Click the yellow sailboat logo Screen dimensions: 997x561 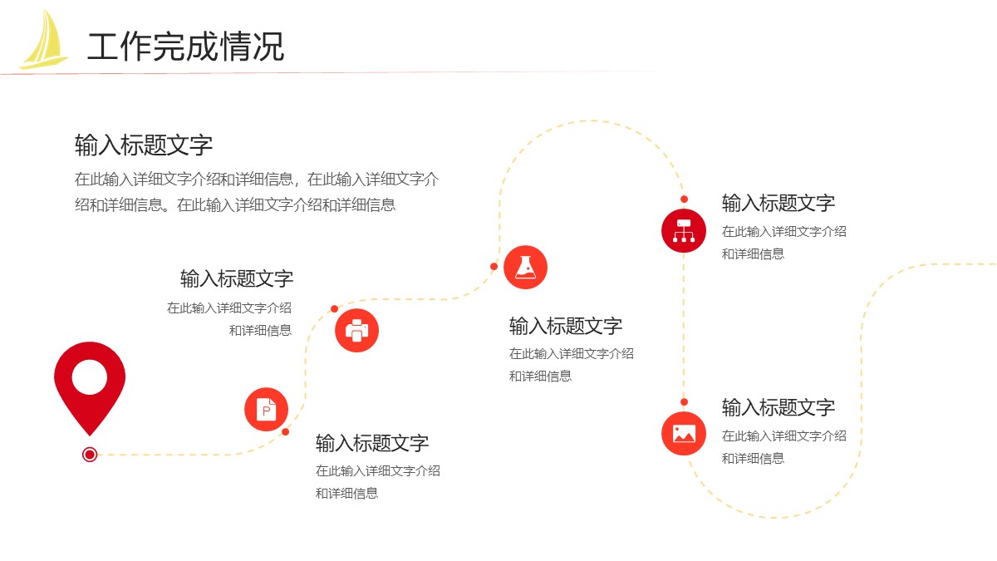[x=45, y=40]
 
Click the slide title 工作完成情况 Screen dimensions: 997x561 [x=185, y=47]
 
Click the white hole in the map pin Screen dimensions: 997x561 [x=90, y=377]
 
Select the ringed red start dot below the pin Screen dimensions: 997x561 [x=90, y=455]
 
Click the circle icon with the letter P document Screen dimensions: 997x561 [x=266, y=410]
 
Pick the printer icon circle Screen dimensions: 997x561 [x=357, y=331]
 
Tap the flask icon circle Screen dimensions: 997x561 [x=525, y=267]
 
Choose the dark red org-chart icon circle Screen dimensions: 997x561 [x=684, y=231]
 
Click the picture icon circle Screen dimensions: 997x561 [x=684, y=434]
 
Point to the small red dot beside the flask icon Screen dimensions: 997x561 [x=494, y=266]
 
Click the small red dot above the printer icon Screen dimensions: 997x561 [x=334, y=308]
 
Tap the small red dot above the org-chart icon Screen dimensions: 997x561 [x=684, y=199]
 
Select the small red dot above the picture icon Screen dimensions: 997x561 [x=684, y=402]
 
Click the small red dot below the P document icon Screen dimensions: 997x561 [x=285, y=432]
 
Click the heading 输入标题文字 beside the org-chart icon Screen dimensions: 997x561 [x=778, y=203]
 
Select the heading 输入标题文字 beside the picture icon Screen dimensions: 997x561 [x=778, y=407]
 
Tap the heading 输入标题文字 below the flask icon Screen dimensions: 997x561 [x=565, y=326]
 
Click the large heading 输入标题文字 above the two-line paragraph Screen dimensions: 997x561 [x=143, y=145]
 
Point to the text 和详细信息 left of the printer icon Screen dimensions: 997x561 [x=260, y=331]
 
